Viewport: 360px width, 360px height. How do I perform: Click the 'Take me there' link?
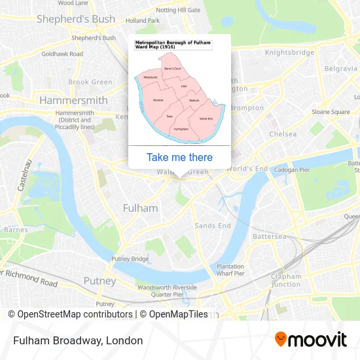[x=179, y=157]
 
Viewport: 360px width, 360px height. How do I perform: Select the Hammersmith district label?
[x=73, y=101]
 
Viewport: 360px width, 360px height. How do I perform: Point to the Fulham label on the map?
[x=140, y=208]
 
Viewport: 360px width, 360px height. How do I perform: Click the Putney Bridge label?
[x=130, y=259]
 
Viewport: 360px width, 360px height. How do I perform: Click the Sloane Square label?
[x=331, y=112]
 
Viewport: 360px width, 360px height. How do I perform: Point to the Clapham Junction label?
[x=286, y=280]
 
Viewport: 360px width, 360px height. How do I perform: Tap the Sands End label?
[x=213, y=226]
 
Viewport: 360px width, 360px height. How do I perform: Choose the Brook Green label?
[x=90, y=82]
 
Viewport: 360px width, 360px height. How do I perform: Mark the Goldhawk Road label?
[x=63, y=54]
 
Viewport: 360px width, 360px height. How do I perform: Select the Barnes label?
[x=16, y=230]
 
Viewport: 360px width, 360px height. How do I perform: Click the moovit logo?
[x=310, y=339]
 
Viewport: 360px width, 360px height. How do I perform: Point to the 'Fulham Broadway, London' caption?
[x=77, y=340]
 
